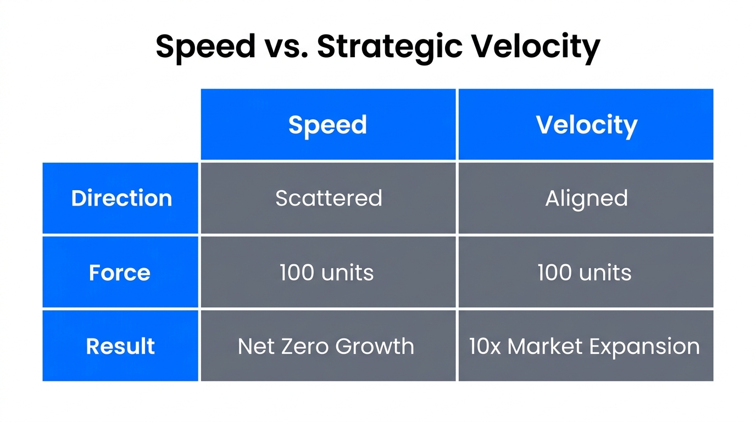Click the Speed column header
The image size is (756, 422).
[328, 125]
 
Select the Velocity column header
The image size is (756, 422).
[586, 125]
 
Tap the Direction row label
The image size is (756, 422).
[121, 198]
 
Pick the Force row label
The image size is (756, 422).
[120, 273]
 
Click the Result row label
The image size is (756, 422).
[120, 346]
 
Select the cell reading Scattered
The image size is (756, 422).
[329, 198]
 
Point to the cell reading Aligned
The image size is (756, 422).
[586, 198]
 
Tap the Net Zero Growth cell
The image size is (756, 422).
[326, 346]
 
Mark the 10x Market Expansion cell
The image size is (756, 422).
[585, 346]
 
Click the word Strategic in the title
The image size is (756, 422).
[390, 47]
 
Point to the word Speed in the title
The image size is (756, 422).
[205, 47]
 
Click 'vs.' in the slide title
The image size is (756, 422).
[286, 46]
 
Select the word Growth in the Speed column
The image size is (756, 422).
[375, 346]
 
